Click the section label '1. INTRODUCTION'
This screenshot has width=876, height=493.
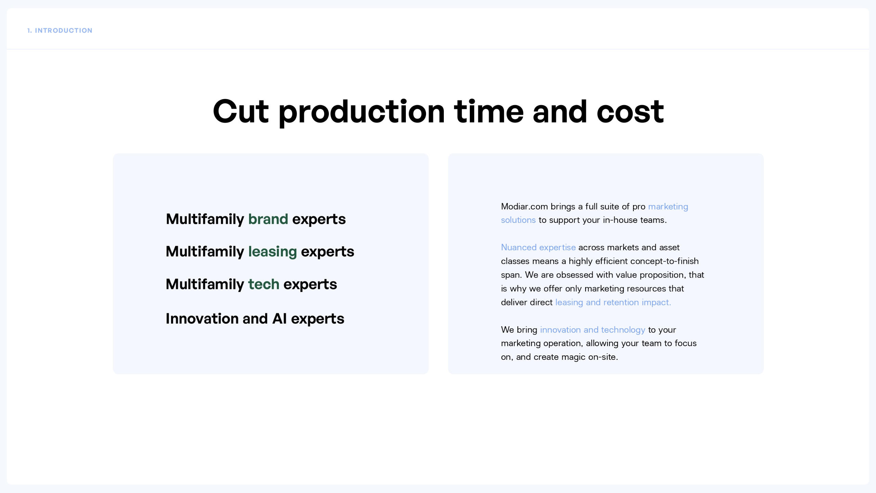click(60, 30)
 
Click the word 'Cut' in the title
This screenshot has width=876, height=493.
click(241, 111)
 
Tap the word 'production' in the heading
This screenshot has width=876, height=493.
click(362, 113)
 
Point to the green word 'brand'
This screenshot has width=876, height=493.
click(268, 219)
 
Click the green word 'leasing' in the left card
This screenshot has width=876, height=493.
click(272, 252)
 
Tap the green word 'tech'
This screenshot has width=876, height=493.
click(263, 284)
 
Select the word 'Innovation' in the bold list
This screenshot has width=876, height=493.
click(202, 319)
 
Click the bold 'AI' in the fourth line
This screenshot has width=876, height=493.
click(279, 319)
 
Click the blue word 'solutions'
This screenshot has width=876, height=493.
click(518, 220)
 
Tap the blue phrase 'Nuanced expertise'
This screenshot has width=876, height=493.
click(538, 248)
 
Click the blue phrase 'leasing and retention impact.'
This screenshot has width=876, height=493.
click(613, 302)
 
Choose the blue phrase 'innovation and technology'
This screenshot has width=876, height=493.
click(593, 330)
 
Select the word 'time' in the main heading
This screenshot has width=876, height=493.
click(489, 111)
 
